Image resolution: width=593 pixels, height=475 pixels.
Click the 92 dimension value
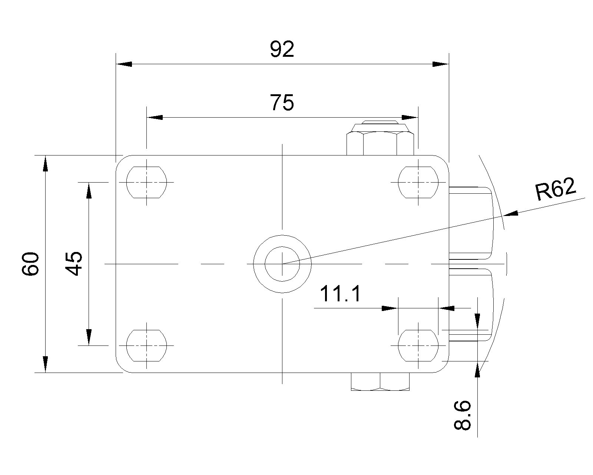[282, 50]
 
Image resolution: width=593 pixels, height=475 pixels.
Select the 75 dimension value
[282, 103]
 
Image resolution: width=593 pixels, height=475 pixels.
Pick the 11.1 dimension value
[340, 294]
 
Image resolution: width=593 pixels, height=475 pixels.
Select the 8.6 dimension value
[462, 415]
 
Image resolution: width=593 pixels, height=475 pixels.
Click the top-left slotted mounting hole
[146, 182]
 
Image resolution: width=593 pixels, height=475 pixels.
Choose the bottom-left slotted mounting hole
[146, 345]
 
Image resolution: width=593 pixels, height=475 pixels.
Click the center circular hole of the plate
[282, 264]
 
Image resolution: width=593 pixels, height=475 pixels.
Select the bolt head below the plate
[380, 382]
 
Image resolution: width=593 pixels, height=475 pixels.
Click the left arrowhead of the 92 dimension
[124, 64]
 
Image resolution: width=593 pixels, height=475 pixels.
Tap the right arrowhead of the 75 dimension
[411, 118]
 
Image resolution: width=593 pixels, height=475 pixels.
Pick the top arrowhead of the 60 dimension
[45, 163]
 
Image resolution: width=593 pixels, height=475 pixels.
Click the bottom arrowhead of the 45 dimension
[89, 337]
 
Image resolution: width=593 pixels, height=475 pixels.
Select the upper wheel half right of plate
[471, 223]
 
